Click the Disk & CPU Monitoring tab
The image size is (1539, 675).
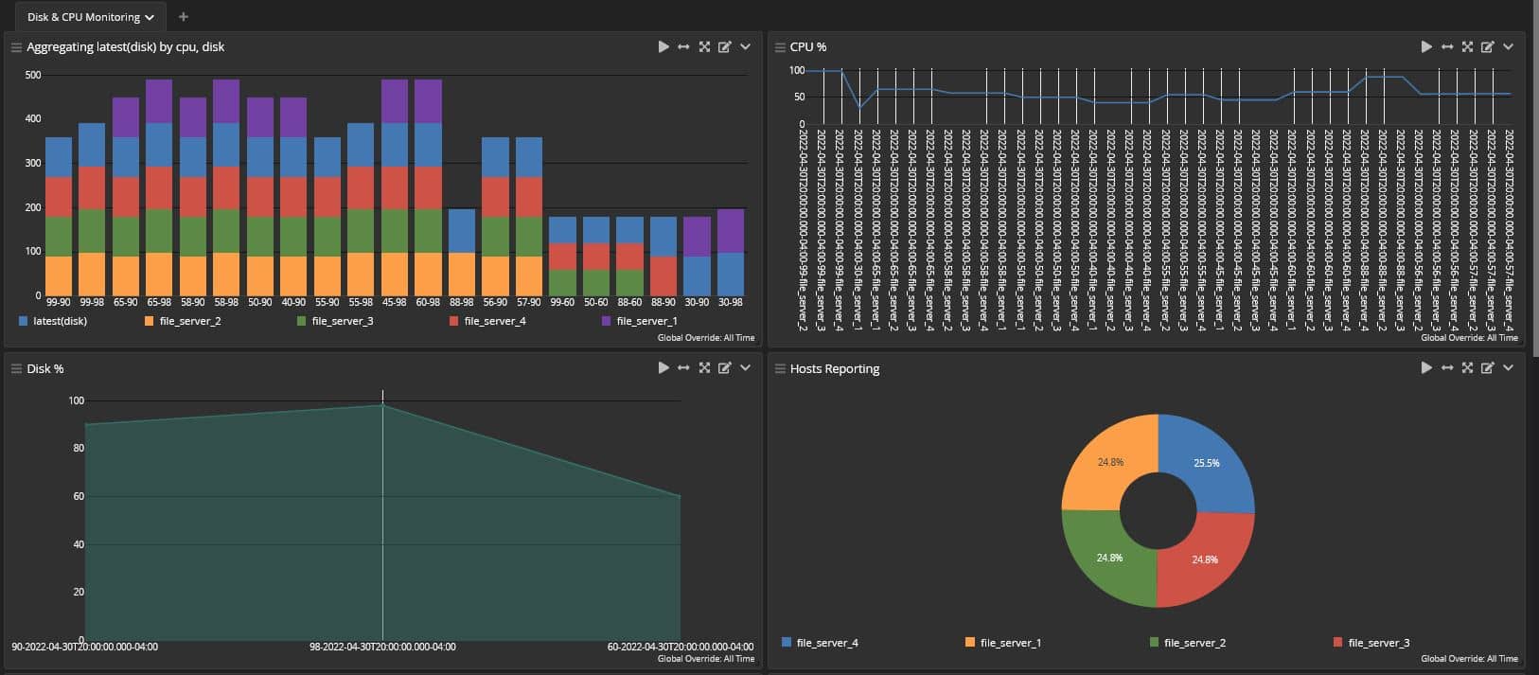(83, 17)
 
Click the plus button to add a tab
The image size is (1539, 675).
(184, 17)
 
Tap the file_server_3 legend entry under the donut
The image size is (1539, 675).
(1377, 643)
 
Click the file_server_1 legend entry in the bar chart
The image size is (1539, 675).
(646, 321)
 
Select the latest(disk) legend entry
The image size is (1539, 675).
(59, 321)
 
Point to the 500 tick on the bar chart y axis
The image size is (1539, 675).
(33, 75)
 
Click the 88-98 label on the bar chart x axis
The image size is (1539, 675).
(462, 302)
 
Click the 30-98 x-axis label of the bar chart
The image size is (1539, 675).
(731, 302)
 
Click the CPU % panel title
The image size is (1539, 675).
(807, 46)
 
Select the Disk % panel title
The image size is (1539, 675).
(44, 368)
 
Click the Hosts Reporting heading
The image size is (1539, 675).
(834, 368)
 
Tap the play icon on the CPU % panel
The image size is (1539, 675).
(1426, 46)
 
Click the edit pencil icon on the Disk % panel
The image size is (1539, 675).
(725, 368)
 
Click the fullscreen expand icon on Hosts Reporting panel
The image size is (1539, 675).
(1467, 368)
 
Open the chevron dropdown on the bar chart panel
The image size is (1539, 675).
(746, 46)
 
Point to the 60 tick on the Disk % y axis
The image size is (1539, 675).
(79, 496)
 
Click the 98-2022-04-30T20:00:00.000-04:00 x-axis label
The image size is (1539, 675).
(382, 647)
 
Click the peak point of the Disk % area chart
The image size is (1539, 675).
(382, 405)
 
